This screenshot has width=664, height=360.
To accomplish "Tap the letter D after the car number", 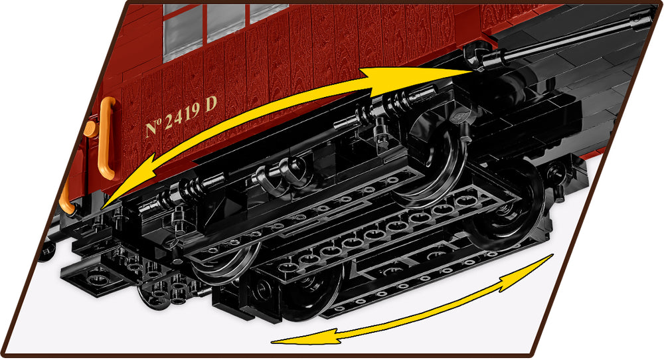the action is (211, 104).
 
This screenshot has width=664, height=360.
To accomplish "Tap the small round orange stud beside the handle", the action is (90, 129).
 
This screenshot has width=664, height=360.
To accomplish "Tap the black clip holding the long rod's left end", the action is (479, 56).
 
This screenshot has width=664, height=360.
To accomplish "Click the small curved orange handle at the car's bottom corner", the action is (66, 198).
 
